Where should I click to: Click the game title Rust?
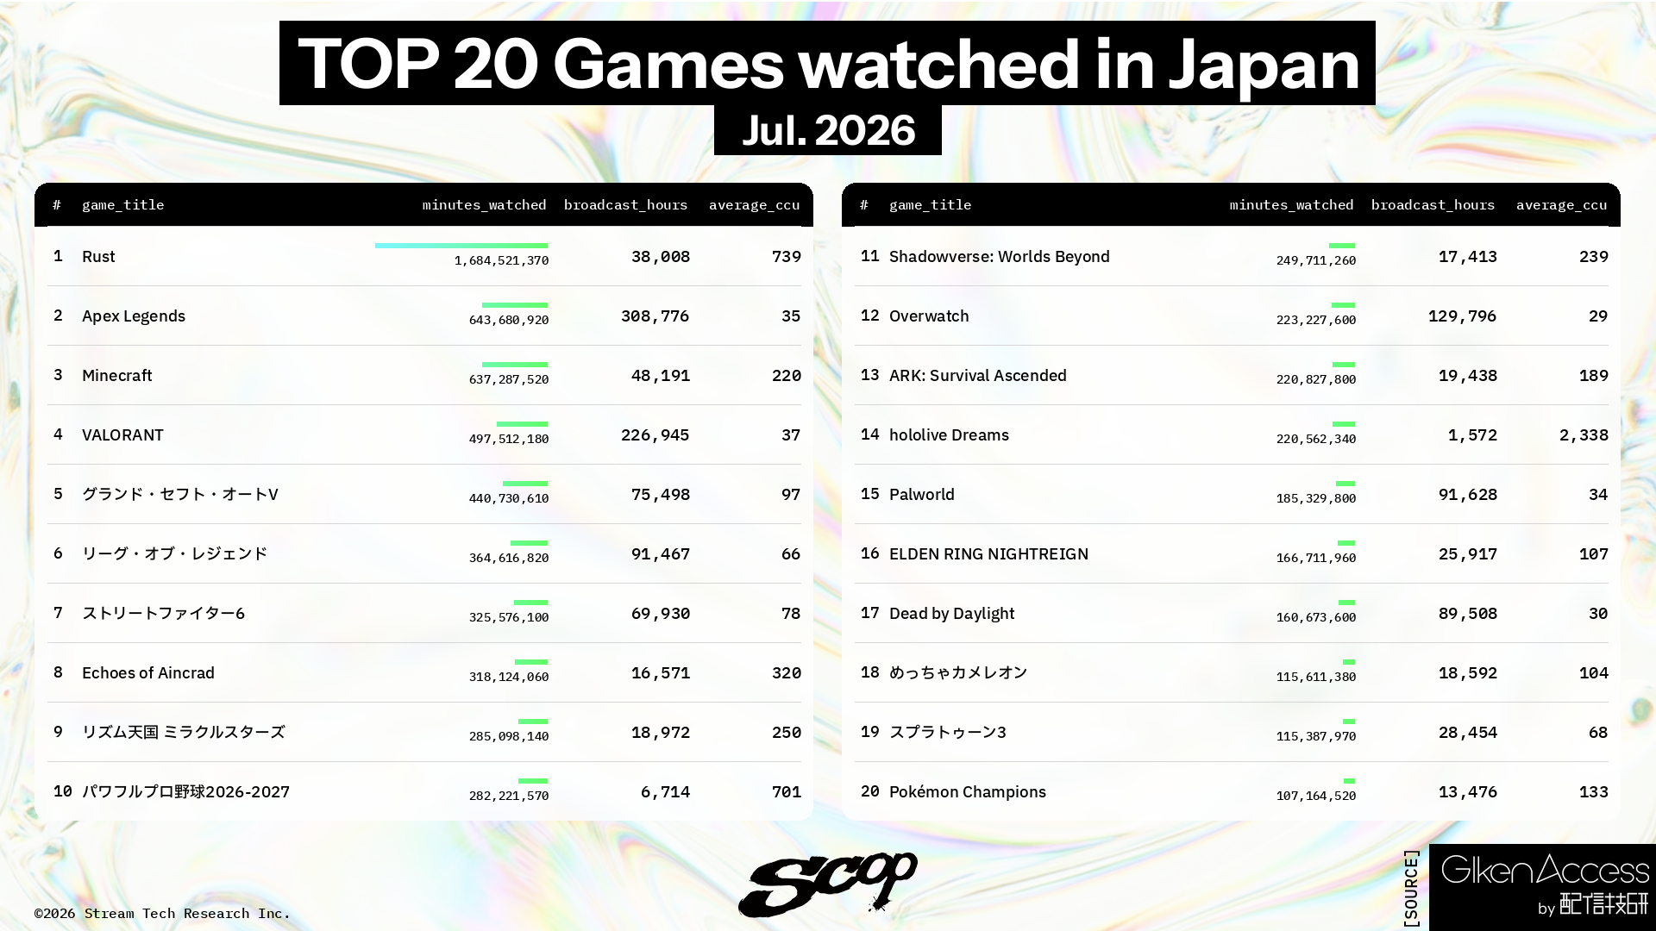click(98, 257)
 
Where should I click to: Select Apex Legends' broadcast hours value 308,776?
click(655, 316)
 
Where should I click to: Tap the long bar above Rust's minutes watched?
click(461, 246)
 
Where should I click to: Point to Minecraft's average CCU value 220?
click(787, 376)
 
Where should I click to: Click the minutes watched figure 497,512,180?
click(509, 439)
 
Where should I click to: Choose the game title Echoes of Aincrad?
click(148, 673)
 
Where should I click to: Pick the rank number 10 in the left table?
click(63, 791)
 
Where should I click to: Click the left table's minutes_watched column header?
click(484, 205)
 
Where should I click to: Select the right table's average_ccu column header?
click(1561, 205)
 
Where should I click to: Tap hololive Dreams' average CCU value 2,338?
click(1584, 435)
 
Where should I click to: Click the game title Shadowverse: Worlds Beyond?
click(1000, 257)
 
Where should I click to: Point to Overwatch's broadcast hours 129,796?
click(1462, 316)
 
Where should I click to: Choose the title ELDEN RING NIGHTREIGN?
click(988, 554)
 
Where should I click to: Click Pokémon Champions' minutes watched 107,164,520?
click(1316, 796)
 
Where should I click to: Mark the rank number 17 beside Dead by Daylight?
click(870, 613)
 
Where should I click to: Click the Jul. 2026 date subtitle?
click(828, 130)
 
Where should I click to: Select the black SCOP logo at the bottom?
click(827, 884)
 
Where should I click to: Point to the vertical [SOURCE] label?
click(1411, 889)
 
